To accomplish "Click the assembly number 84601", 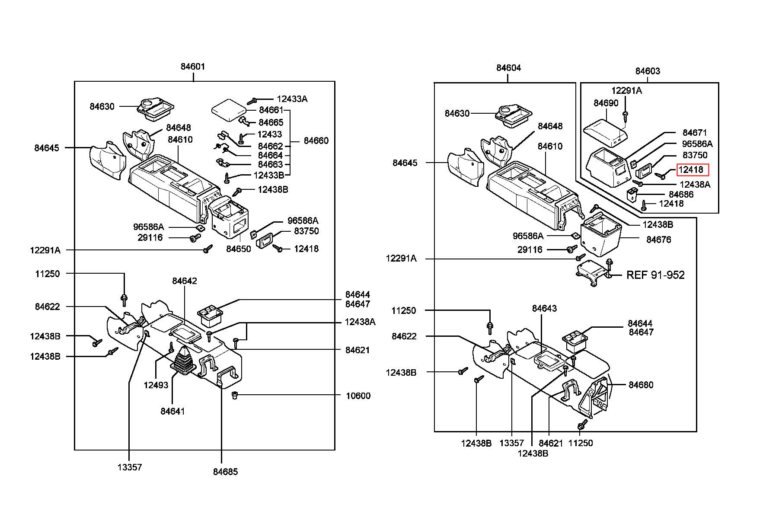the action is point(193,67).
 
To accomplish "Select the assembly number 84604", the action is point(509,68).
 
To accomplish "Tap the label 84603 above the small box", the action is point(648,71).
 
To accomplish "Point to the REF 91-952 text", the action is point(655,275).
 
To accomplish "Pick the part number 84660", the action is point(316,141).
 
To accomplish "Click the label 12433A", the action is point(292,99).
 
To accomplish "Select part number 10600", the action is point(358,396).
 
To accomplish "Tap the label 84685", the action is point(225,472).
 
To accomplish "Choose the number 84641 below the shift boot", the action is point(172,411).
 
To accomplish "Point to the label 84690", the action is point(606,103).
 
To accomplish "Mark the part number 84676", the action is point(659,240).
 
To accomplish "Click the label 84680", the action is point(641,385).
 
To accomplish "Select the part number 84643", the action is point(544,308).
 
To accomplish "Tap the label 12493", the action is point(156,385).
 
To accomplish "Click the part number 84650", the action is point(239,249).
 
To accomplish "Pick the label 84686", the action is point(681,195).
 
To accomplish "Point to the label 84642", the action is point(185,281).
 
